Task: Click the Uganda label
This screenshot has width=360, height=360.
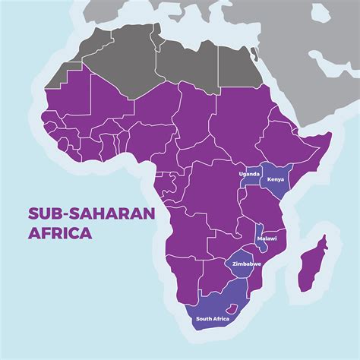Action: point(249,174)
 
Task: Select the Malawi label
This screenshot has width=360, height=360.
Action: point(267,238)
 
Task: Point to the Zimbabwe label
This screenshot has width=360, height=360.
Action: point(247,264)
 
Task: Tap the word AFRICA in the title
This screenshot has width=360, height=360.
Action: point(60,233)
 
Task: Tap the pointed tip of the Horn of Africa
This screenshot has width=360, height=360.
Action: point(332,136)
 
